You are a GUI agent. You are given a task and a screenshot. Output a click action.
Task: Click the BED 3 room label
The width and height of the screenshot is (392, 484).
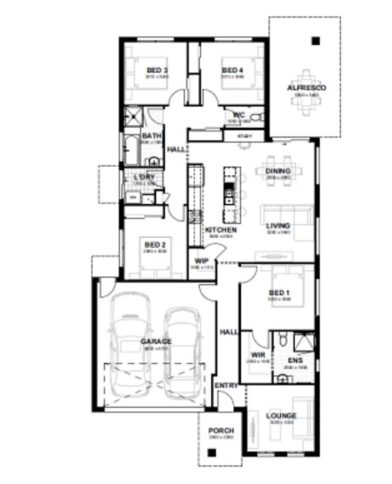pos(157,70)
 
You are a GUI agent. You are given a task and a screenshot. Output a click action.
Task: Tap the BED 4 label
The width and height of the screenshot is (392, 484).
pos(233,70)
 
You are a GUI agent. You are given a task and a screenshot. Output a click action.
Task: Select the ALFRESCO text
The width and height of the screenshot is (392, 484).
pos(307,88)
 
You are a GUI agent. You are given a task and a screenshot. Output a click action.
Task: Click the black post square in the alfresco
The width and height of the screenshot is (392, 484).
pos(316,41)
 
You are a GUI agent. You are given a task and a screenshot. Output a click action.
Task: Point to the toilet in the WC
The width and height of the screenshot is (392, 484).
pos(256,118)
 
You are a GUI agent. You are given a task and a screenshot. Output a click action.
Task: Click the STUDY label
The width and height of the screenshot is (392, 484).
pos(244,136)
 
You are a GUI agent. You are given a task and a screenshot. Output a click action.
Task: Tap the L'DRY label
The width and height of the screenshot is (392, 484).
pos(144,177)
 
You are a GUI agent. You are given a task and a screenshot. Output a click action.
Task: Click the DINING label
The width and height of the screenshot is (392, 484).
pos(278,171)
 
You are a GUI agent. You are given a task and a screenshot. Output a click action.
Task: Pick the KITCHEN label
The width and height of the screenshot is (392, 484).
pos(221,230)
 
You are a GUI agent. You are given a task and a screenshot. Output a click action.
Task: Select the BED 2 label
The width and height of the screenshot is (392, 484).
pos(155,245)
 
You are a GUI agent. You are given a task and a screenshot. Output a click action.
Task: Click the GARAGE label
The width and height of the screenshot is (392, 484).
pos(156,341)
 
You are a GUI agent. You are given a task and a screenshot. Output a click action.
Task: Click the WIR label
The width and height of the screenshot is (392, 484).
pos(259,355)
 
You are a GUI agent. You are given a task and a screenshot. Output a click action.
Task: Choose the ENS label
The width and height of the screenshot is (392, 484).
pos(295,360)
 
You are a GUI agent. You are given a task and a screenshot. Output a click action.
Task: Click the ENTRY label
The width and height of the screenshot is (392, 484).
pos(226,385)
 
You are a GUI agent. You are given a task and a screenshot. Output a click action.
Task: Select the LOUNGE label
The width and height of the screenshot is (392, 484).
pos(281,416)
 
